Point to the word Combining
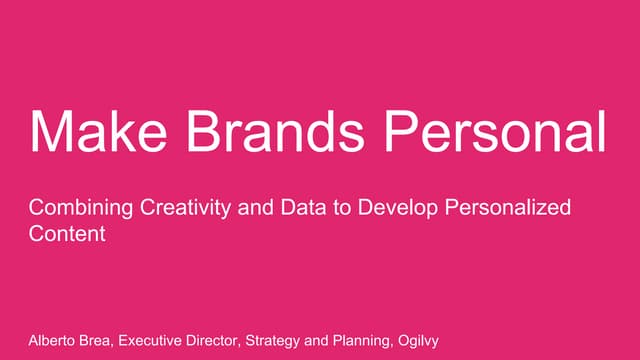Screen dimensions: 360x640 point(76,209)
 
